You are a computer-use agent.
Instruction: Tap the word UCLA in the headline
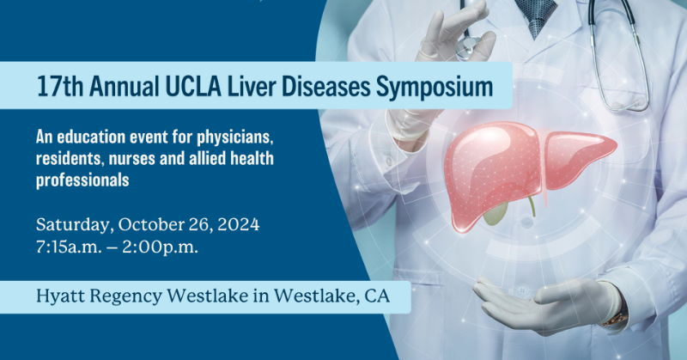171,87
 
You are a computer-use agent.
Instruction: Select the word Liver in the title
228,87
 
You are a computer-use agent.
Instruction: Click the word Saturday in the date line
72,226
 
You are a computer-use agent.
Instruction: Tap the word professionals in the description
82,180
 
